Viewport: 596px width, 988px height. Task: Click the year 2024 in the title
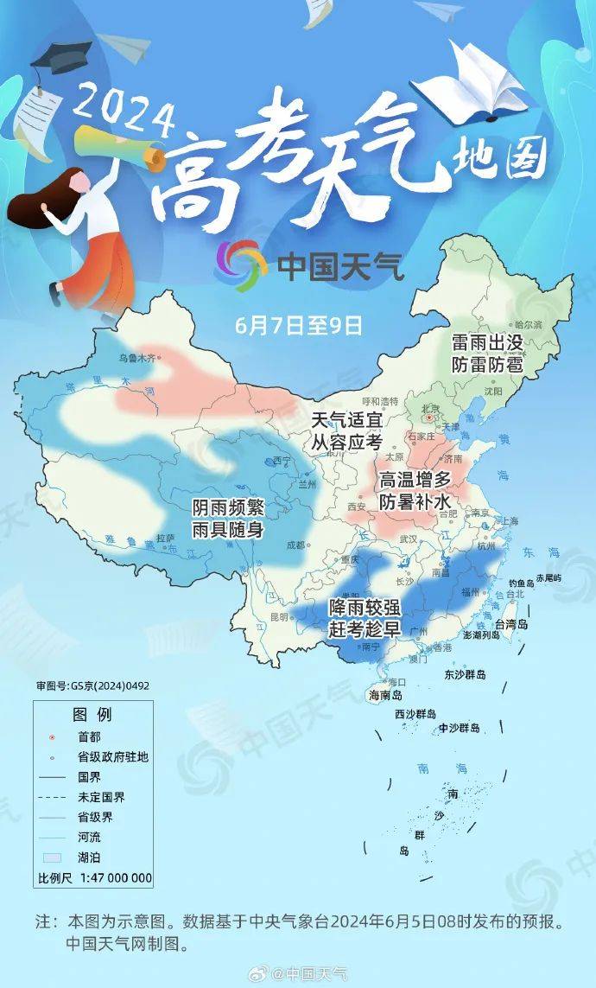(124, 107)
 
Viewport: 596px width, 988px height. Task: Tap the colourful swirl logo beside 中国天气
(242, 264)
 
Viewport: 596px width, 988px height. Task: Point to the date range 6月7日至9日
(298, 326)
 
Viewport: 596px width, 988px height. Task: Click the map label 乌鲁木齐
(139, 357)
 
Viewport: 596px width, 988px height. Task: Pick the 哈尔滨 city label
(527, 324)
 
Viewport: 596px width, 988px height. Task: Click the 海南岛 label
(386, 694)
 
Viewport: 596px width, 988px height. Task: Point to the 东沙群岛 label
(466, 674)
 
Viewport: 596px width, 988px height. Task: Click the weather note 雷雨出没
(487, 343)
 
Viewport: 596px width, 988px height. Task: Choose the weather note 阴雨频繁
(228, 507)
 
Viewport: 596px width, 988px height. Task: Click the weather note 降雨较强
(363, 608)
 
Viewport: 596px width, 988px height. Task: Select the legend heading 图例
(92, 715)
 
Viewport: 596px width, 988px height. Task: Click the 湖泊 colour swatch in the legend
(54, 857)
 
